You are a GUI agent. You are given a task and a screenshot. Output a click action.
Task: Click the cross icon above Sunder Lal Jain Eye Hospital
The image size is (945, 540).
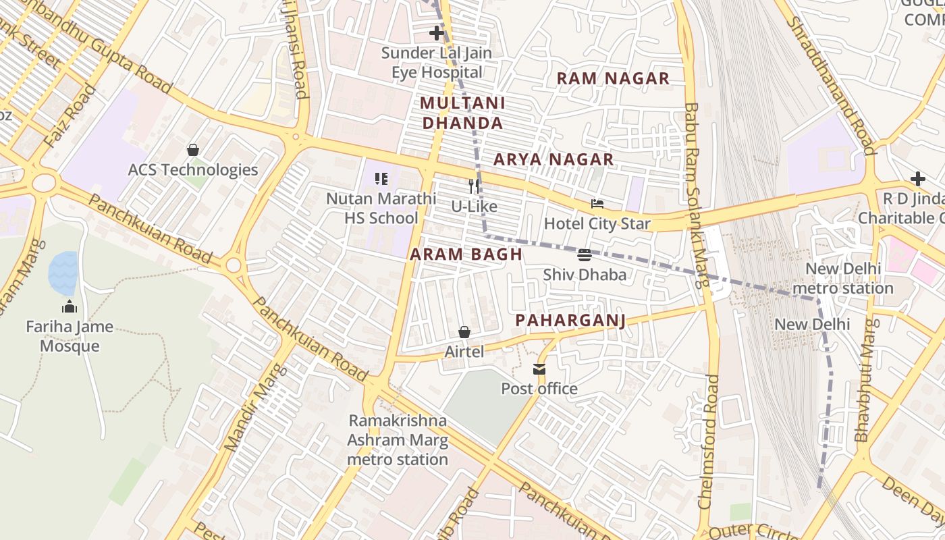coord(437,32)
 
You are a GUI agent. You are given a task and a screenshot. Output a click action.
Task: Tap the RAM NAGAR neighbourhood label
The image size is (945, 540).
coord(613,78)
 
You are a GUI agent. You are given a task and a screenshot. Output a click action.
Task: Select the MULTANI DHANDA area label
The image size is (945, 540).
coord(462,113)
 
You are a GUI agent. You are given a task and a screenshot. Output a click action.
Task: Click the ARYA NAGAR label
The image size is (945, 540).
coord(553,160)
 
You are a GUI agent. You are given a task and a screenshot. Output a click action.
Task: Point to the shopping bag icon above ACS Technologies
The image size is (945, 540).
coord(193,149)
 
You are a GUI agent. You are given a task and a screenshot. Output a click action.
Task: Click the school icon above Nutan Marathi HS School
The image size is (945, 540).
coord(381,179)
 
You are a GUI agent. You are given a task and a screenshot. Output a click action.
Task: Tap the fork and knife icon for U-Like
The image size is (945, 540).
coord(475,186)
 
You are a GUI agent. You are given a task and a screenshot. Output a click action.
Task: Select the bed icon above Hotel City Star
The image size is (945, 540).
coord(597,203)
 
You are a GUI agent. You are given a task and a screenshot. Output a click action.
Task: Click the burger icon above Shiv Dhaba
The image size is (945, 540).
coord(585,254)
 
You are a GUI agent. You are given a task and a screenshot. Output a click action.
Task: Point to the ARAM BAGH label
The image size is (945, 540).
coord(466,254)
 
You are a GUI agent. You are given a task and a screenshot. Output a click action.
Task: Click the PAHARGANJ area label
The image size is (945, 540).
coord(570,321)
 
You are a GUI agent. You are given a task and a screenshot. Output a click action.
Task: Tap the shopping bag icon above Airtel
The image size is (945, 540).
coord(464,331)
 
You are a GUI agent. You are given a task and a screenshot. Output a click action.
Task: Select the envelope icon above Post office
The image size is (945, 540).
coord(539,369)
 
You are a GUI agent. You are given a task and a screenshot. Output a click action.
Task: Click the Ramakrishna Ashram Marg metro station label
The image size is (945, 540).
coord(398,440)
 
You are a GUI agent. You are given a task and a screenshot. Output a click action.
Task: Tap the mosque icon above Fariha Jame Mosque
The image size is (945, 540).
coord(70,307)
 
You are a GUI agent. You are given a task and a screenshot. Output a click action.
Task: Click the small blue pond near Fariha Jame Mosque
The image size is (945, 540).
coord(63,273)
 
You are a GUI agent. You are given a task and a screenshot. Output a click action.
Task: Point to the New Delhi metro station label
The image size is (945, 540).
coord(843,278)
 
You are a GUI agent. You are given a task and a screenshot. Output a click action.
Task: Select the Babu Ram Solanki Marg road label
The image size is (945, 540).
coord(695,195)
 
